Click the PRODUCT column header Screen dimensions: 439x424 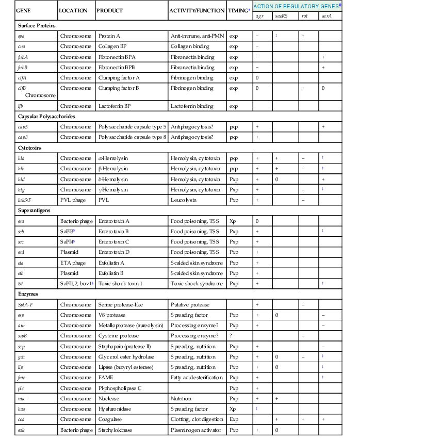109,10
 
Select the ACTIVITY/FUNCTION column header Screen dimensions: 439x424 197,10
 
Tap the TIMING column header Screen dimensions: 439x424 239,10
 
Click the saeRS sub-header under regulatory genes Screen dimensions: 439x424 280,17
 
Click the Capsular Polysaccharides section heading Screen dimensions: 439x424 46,117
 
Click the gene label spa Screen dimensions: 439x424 21,36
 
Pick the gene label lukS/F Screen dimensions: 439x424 24,200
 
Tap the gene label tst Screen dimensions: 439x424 20,284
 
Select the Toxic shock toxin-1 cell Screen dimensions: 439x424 119,284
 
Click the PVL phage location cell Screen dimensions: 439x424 73,200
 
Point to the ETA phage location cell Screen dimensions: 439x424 73,263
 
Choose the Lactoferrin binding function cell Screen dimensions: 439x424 192,106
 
